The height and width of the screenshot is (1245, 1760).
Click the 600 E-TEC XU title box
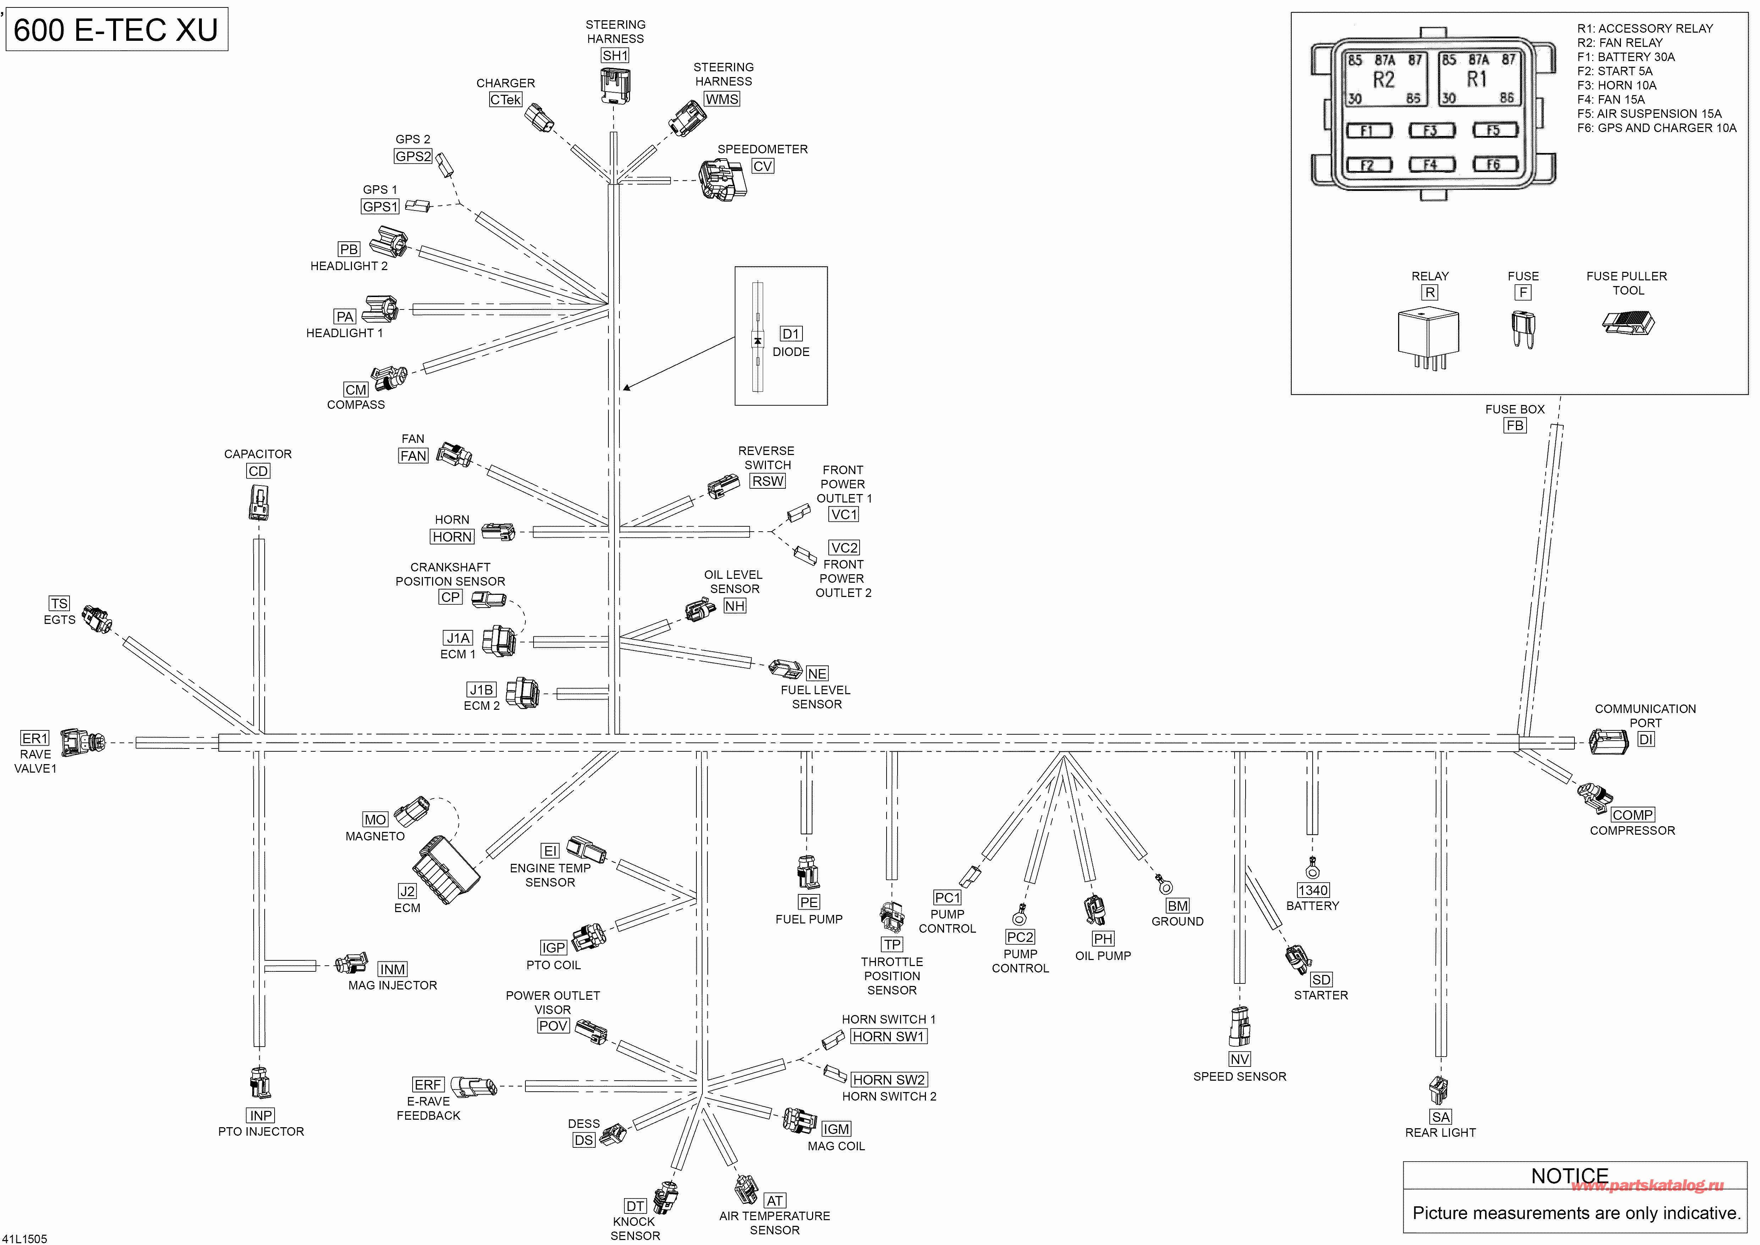(116, 30)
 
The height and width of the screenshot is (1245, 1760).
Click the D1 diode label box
(791, 334)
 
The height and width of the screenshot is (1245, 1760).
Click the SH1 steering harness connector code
(615, 55)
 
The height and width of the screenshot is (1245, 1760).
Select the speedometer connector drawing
(722, 180)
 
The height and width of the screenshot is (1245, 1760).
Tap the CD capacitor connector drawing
(258, 502)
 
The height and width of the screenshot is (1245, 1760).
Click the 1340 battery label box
(1313, 890)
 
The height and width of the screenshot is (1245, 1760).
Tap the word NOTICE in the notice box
(1570, 1176)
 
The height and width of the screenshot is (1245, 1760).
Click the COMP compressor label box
(1633, 815)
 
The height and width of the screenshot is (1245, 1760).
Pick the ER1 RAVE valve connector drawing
(82, 741)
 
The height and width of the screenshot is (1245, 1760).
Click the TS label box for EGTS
(59, 603)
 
